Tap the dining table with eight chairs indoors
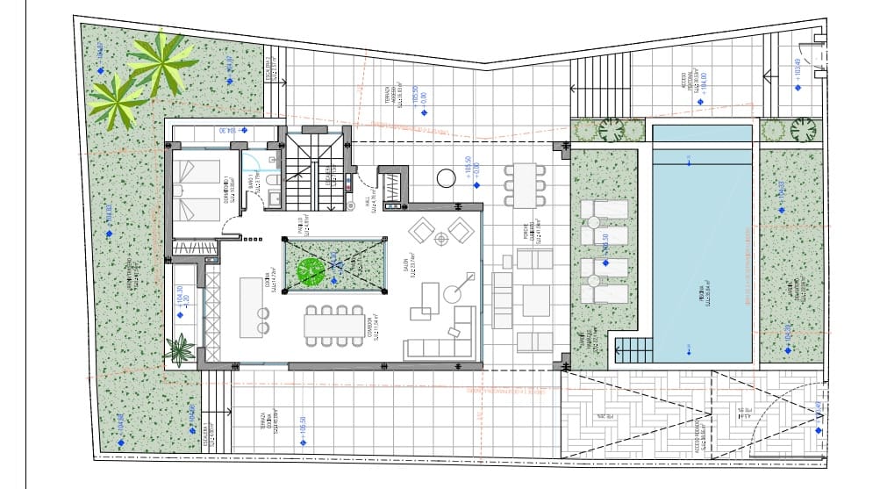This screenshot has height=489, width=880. (x=333, y=325)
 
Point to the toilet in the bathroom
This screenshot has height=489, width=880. (x=272, y=181)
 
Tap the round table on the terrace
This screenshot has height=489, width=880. (x=447, y=179)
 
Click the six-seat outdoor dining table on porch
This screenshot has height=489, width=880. (x=524, y=184)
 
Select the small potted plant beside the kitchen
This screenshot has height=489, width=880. (x=180, y=351)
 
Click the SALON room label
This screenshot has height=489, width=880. (x=405, y=263)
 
